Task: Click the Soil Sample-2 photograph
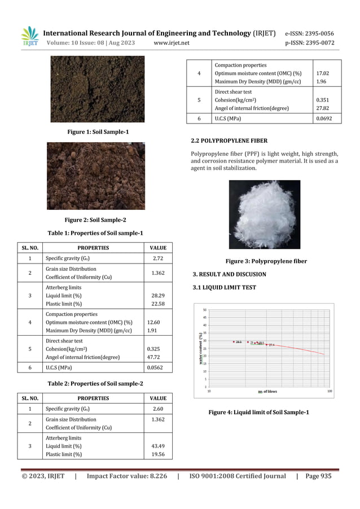point(95,175)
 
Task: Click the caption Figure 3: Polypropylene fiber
point(258,261)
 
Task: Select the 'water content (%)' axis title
point(199,348)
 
